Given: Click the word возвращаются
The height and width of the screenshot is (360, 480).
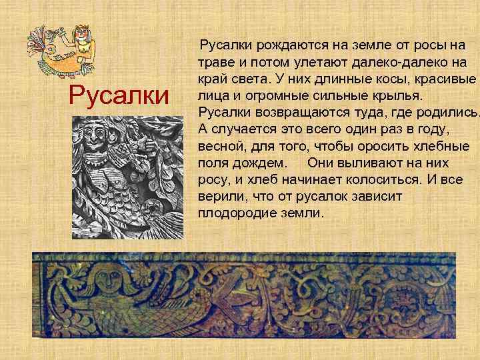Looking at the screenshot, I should [303, 113].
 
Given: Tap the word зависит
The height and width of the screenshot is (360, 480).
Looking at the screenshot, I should [379, 197].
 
